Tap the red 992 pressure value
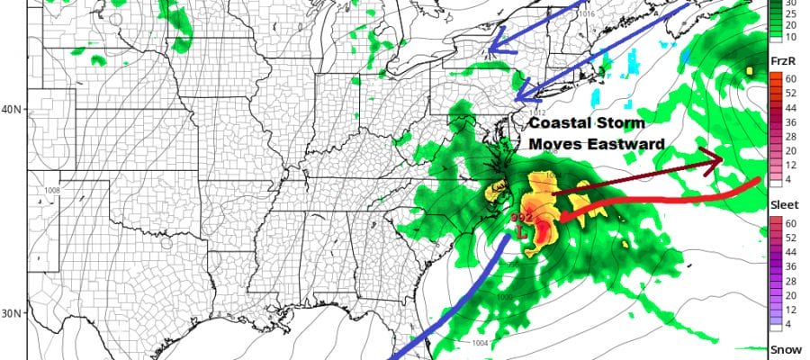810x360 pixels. pos(521,219)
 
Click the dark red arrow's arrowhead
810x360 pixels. pos(713,162)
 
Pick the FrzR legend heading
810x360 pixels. pos(782,60)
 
